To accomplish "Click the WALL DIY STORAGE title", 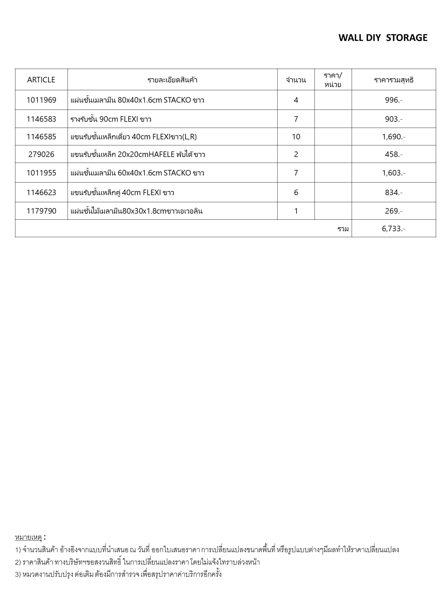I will [x=383, y=38].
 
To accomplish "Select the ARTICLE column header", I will [x=41, y=80].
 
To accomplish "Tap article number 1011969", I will [x=41, y=100].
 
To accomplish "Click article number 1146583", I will [x=41, y=119].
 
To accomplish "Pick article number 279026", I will [x=41, y=154].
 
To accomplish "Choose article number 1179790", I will [x=41, y=211].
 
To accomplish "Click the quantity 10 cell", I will [x=296, y=137].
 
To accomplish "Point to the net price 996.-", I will [x=393, y=100].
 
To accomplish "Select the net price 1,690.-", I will [x=393, y=137].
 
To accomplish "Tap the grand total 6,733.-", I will [x=393, y=229].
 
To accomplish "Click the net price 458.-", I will [x=393, y=154].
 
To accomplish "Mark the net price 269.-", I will [x=393, y=211].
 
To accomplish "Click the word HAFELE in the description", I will [x=161, y=155].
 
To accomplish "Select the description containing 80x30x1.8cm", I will [x=136, y=211].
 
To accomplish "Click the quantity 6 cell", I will [x=296, y=193].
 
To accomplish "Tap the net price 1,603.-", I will [x=393, y=173].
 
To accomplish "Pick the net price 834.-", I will [x=393, y=193].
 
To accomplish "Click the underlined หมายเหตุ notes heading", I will [x=28, y=537].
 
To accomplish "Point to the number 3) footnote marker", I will [x=18, y=574].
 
